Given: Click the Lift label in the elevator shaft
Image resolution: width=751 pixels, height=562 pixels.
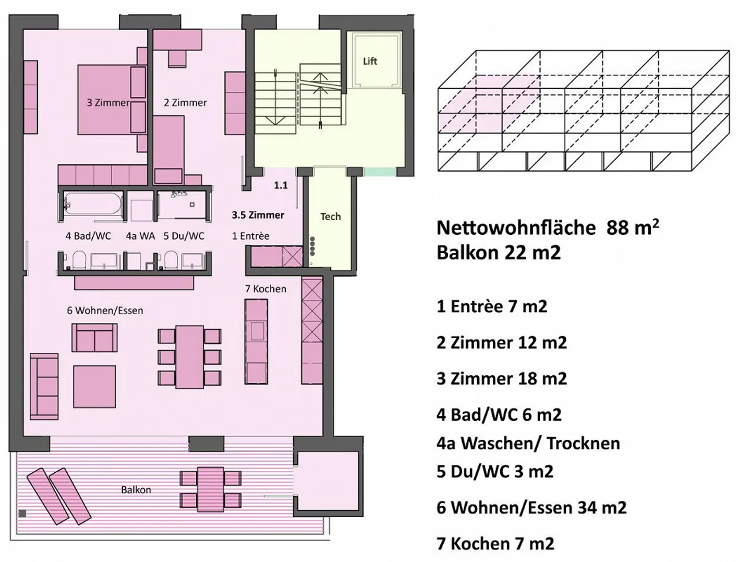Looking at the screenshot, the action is pos(370,61).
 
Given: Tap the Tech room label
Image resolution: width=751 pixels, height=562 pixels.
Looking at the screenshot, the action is pos(331,217).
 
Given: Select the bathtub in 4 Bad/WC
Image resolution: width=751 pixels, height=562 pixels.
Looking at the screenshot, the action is pos(93,204).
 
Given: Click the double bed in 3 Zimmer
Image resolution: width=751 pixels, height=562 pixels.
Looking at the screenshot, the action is pos(104,100).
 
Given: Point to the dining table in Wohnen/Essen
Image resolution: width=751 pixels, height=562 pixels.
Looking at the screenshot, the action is pos(189,356).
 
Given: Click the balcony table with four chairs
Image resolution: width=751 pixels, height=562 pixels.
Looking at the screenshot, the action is pos(210,489).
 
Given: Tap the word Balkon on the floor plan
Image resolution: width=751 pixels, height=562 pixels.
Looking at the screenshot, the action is pos(136,490).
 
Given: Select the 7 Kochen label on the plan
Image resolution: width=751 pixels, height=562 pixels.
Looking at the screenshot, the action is pos(265,289).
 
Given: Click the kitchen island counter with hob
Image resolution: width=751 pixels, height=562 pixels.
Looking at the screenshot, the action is pos(256,342).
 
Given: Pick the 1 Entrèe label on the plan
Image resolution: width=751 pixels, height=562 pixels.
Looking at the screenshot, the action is pos(250,236).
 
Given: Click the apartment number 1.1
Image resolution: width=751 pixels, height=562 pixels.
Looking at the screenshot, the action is pos(281,186).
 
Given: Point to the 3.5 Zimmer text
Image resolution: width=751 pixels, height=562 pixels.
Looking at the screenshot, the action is pos(258,215).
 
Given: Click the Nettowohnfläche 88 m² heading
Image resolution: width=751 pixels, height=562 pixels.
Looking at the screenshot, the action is pos(548,227).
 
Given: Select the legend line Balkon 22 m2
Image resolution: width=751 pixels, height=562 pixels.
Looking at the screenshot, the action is pos(499,253).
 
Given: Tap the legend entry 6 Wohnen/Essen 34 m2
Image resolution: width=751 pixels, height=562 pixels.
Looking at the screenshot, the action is pos(531,507).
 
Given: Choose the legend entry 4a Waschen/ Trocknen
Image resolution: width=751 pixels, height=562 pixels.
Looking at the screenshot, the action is pos(528,443).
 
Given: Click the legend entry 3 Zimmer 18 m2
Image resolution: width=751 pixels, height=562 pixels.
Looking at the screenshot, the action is pos(502,378).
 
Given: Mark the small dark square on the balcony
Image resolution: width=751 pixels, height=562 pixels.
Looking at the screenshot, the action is pos(22,513).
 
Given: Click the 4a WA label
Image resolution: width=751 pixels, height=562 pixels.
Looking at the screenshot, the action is pos(140,236).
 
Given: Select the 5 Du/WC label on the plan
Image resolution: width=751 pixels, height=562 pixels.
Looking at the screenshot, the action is pos(184,236).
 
